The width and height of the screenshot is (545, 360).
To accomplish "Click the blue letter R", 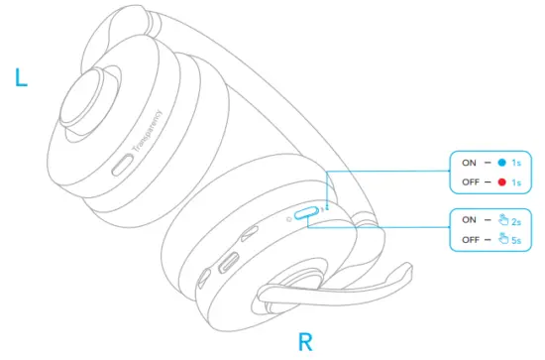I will [306, 343].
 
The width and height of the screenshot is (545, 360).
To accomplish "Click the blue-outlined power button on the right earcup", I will [306, 212].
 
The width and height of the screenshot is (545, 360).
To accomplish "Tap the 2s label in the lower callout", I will [516, 220].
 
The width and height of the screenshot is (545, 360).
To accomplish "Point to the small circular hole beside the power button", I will [286, 217].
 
